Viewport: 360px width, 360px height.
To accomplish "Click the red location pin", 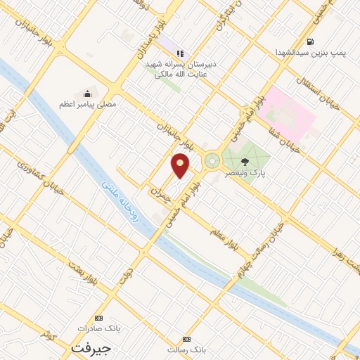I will (x=181, y=165).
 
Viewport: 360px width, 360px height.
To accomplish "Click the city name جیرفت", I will (x=91, y=347).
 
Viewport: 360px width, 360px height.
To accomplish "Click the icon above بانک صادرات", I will (x=98, y=318).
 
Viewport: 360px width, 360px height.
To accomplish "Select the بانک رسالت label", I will (x=186, y=349).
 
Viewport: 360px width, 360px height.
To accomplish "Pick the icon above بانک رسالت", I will (x=186, y=338).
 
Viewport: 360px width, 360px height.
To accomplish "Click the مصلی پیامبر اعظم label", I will (x=87, y=104).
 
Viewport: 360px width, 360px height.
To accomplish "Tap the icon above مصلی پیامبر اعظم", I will (x=87, y=94).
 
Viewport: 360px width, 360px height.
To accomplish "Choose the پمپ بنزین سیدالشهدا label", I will (x=309, y=52).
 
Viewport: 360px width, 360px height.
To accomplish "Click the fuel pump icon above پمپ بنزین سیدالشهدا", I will (x=311, y=41).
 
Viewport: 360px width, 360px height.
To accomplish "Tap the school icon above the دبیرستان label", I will (x=180, y=53).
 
